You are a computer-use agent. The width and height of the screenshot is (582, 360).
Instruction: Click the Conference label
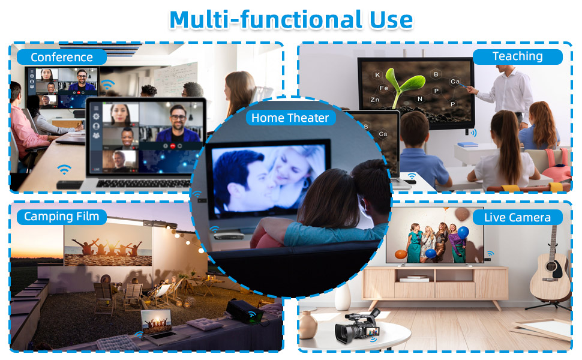point(62,57)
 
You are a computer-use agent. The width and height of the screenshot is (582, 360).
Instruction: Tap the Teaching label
point(517,56)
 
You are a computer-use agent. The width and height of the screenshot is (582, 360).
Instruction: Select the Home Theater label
point(290,118)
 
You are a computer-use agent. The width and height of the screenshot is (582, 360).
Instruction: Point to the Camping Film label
point(62,217)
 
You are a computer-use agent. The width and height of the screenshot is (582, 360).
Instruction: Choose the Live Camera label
point(517,217)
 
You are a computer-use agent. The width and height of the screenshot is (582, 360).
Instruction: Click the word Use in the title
point(391,20)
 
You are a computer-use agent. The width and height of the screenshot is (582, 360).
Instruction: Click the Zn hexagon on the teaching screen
point(374,100)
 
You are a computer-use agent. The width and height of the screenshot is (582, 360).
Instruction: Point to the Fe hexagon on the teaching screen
point(384,88)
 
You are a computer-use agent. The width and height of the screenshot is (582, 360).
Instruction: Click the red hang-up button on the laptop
point(173,146)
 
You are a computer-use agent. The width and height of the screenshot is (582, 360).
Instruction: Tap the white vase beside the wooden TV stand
point(343,297)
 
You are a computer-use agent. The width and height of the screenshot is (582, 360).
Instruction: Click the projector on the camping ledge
point(245,311)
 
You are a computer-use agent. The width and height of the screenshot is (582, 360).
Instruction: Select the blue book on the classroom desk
point(467,145)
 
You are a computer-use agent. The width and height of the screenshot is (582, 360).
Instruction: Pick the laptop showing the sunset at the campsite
point(158,325)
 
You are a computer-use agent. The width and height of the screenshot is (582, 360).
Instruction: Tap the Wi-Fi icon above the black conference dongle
point(64,170)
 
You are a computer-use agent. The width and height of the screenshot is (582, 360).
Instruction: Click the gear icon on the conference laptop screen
point(96,116)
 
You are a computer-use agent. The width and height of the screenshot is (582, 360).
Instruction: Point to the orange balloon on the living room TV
point(401,254)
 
